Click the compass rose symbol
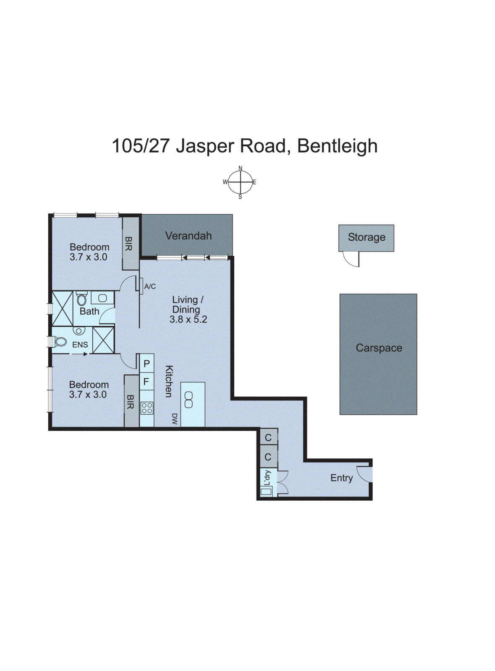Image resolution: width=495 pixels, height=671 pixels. (240, 182)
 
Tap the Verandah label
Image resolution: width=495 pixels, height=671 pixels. (188, 236)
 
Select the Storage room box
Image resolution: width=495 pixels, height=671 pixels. (366, 238)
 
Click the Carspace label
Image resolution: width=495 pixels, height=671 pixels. (379, 348)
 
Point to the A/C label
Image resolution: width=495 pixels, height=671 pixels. (150, 286)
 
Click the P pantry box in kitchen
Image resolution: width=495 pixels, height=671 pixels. (147, 364)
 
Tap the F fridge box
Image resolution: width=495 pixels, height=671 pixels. (147, 382)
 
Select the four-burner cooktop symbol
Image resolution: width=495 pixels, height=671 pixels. (147, 408)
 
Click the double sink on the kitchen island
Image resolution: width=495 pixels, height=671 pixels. (189, 400)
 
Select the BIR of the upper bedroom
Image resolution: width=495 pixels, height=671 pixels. (129, 243)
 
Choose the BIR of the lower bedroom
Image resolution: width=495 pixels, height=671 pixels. (131, 401)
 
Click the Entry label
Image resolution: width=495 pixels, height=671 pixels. (341, 478)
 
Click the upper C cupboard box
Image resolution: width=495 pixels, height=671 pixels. (268, 438)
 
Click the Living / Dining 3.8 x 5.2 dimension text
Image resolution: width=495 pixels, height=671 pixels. (188, 320)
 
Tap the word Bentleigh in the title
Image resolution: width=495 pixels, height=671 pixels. (337, 146)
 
